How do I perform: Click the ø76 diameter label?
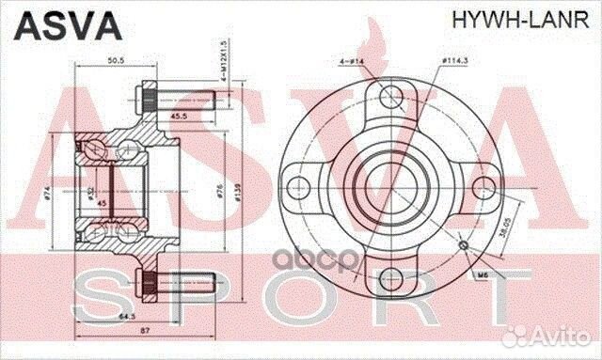point(218,192)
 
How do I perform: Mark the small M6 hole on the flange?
point(462,245)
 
